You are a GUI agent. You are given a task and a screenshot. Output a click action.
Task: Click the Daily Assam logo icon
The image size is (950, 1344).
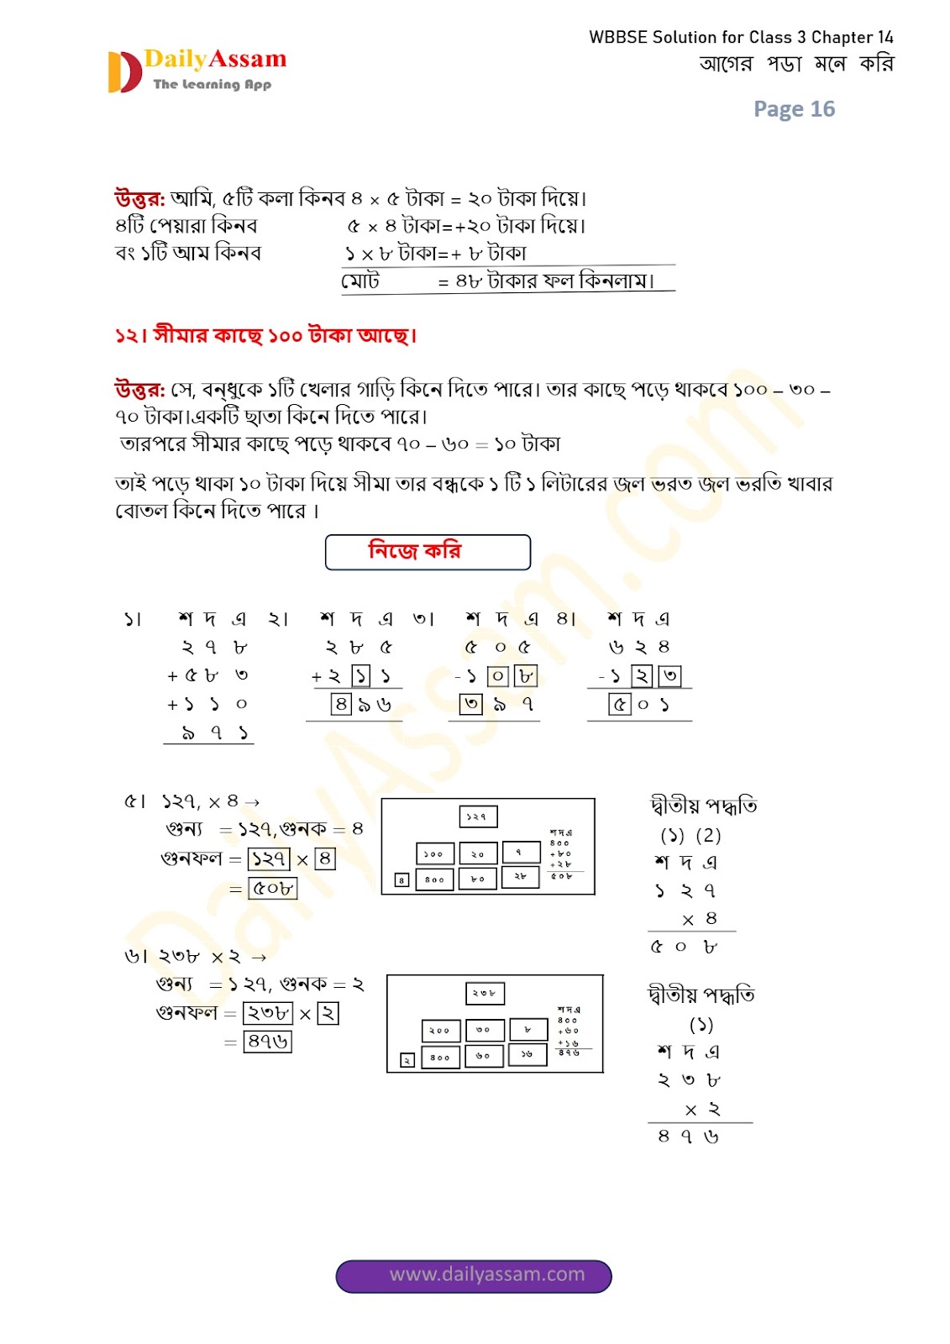click(124, 72)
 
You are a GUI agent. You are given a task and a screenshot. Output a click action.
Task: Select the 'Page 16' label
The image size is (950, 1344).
click(794, 109)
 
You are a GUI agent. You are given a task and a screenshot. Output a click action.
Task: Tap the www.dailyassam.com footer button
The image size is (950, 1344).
click(474, 1275)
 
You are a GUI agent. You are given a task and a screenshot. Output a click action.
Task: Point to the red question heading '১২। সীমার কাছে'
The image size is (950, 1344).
click(265, 335)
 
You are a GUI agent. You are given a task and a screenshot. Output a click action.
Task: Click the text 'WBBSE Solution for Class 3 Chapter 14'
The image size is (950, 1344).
click(741, 37)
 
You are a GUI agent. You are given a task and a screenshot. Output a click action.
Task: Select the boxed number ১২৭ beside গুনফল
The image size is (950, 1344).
click(269, 858)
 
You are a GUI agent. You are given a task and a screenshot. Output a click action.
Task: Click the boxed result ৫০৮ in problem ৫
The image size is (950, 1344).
click(273, 888)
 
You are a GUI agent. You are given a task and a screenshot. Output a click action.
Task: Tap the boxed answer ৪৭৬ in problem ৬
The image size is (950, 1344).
click(268, 1042)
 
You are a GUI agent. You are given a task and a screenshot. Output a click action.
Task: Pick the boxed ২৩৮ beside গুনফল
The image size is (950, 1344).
click(268, 1013)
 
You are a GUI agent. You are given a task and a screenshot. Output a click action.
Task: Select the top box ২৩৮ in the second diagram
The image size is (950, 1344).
click(485, 993)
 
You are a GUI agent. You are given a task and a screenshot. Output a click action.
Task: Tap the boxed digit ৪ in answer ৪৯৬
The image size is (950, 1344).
click(340, 704)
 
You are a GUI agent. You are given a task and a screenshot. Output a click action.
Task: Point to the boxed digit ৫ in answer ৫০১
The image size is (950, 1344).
click(619, 704)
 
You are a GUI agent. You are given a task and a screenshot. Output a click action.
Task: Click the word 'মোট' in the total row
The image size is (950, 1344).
click(360, 281)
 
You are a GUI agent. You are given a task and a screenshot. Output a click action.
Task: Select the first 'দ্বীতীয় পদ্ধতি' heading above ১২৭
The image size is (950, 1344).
click(704, 806)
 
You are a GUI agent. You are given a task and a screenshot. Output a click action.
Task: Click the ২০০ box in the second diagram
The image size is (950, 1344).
click(440, 1030)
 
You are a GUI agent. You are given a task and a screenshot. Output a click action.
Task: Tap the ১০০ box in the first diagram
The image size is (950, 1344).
click(434, 853)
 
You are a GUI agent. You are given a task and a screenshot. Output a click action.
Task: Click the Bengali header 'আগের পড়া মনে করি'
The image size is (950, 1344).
click(796, 64)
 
